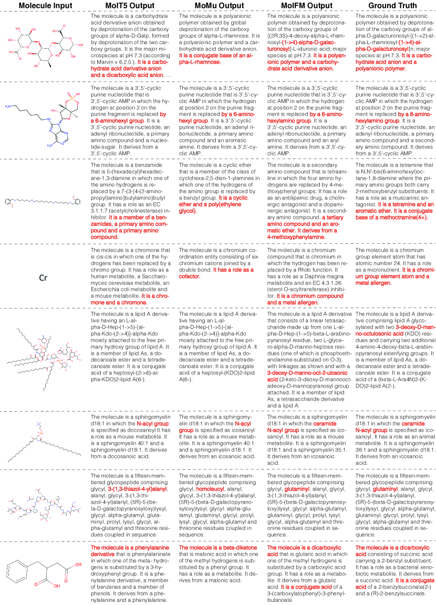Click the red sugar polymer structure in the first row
tap(44, 50)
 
